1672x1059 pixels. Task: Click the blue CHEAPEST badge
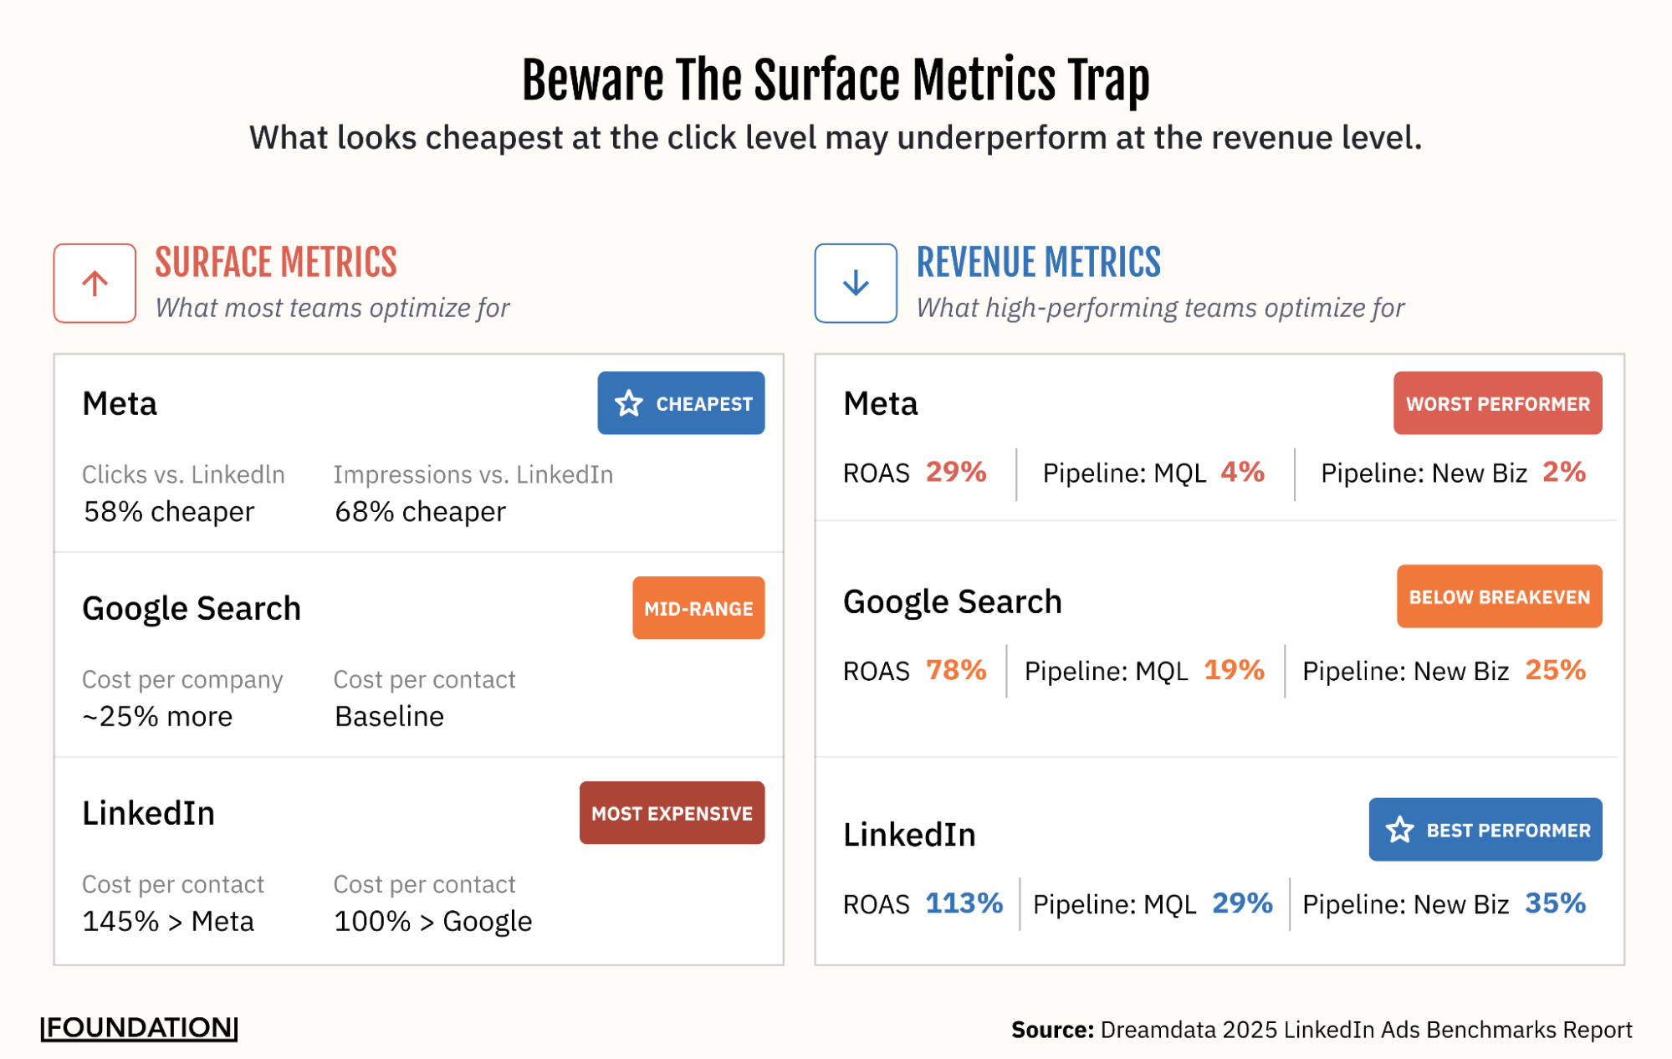click(x=681, y=403)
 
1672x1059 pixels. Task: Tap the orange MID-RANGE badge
click(x=698, y=608)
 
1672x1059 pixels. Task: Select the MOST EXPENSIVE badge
click(x=672, y=813)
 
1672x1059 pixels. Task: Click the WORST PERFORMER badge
click(x=1497, y=403)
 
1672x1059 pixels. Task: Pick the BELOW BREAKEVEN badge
click(x=1499, y=596)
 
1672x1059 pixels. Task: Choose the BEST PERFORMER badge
click(x=1485, y=830)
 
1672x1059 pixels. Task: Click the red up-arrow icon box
click(x=95, y=284)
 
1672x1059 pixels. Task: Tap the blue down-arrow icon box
click(x=856, y=284)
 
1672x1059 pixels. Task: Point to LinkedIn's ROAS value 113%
click(x=964, y=903)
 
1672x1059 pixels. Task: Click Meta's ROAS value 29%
click(x=956, y=472)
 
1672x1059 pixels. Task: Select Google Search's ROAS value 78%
click(x=956, y=670)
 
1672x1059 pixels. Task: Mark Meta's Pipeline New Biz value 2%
click(x=1564, y=472)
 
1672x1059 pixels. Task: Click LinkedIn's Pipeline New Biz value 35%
click(x=1555, y=903)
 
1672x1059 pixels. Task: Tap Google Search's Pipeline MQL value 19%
click(x=1234, y=670)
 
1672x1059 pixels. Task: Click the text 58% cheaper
click(x=169, y=512)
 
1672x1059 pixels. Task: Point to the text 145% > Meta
click(x=168, y=922)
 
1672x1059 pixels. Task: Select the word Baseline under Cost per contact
click(x=389, y=717)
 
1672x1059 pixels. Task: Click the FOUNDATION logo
click(x=140, y=1028)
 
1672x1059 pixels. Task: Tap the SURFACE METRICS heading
click(x=276, y=263)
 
